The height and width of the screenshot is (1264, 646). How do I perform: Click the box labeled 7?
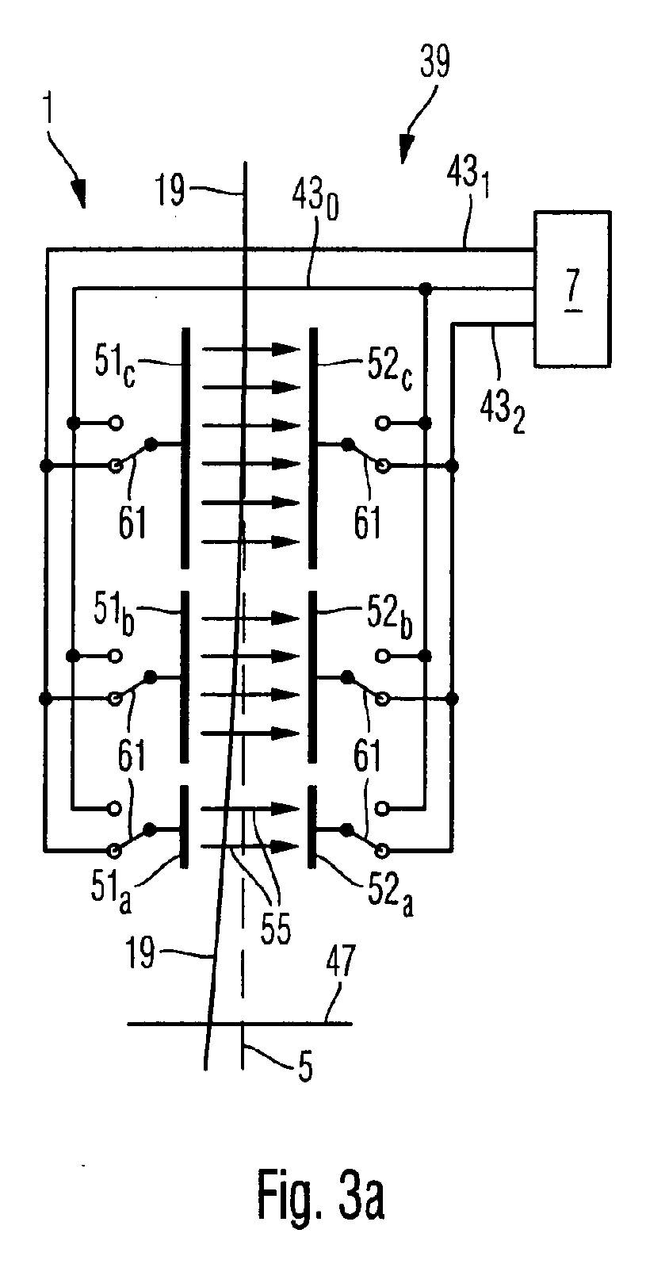point(572,289)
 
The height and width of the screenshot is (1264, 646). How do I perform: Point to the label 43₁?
point(468,177)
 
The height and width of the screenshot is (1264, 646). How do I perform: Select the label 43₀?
point(315,201)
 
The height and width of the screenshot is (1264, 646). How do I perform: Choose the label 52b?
point(390,618)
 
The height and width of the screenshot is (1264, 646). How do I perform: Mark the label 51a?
point(111,889)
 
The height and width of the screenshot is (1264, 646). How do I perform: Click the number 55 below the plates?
point(275,927)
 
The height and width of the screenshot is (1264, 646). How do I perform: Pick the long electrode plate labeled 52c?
point(312,448)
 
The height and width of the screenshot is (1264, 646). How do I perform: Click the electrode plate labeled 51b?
point(184,677)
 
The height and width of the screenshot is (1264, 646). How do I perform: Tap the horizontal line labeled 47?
point(240,1024)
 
